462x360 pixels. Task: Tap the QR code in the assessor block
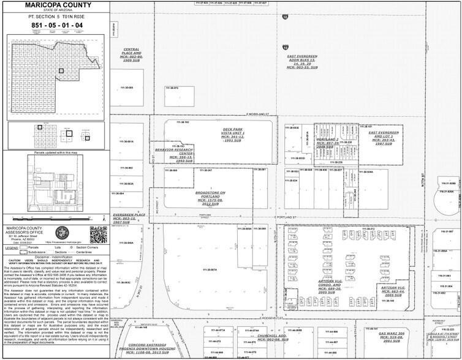pos(98,234)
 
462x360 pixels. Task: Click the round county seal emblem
pos(61,233)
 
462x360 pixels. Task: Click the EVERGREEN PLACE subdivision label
pos(129,219)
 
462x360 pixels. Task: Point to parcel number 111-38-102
pos(183,122)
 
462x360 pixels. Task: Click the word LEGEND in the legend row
pos(12,248)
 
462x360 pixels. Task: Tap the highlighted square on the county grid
pos(61,71)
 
